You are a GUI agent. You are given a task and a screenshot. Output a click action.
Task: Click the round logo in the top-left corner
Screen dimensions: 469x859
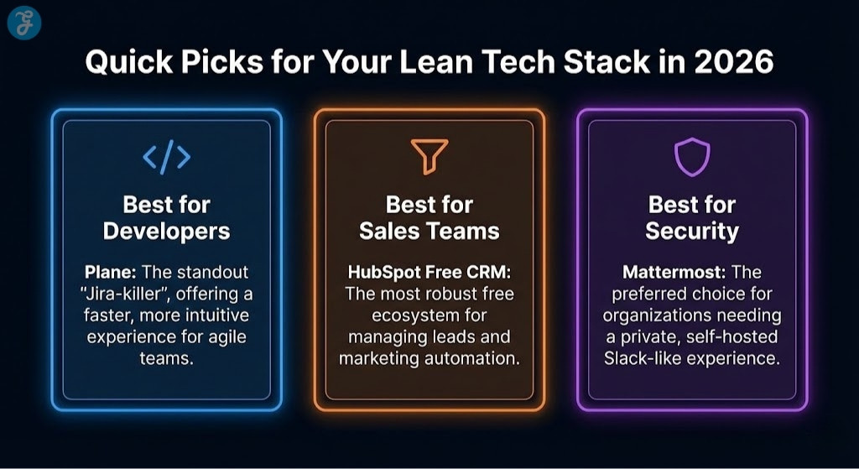pyautogui.click(x=24, y=24)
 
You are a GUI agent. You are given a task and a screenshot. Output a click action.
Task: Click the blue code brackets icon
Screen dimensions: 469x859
pyautogui.click(x=166, y=157)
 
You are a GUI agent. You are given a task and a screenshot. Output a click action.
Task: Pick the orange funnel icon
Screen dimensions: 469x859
pyautogui.click(x=429, y=157)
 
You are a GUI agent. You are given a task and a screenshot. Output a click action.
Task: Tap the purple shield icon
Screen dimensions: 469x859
pyautogui.click(x=692, y=157)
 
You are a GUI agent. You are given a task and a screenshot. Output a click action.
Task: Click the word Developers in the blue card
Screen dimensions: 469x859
pyautogui.click(x=166, y=231)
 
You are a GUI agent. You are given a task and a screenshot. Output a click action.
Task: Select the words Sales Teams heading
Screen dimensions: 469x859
pyautogui.click(x=429, y=231)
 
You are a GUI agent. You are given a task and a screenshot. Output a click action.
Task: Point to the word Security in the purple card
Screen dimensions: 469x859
pyautogui.click(x=692, y=231)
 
